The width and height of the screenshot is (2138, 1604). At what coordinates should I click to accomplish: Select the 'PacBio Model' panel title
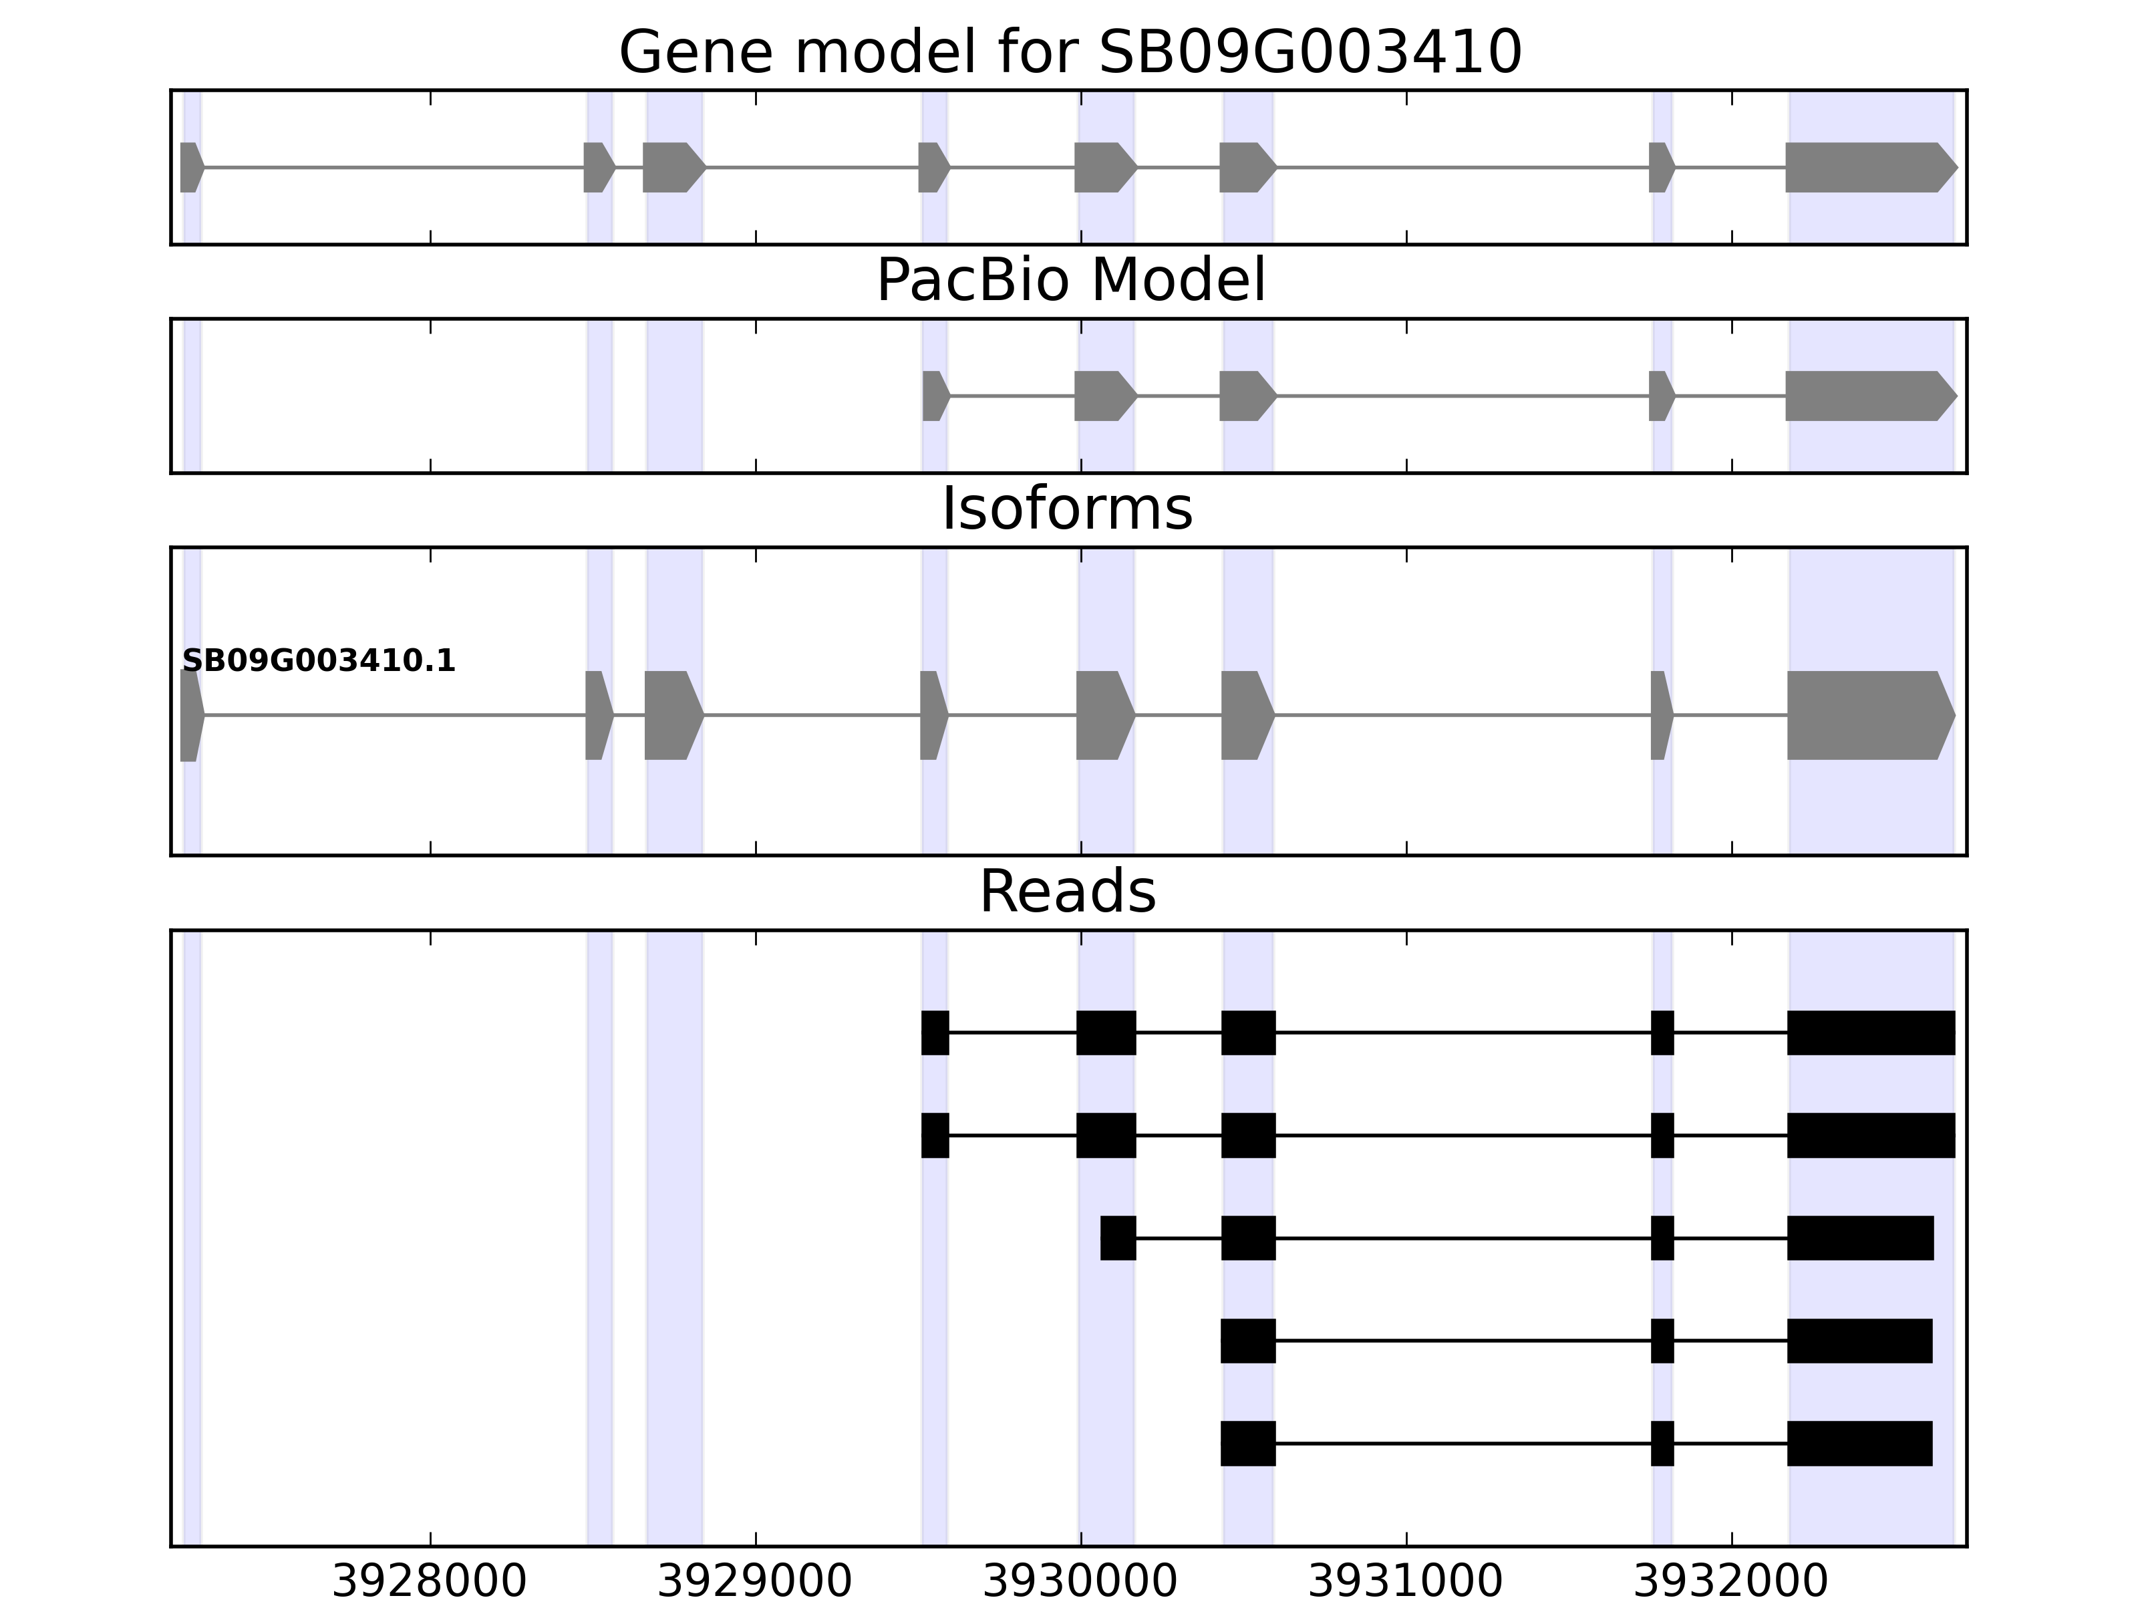1070,281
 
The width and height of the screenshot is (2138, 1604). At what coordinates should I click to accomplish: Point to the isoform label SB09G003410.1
319,662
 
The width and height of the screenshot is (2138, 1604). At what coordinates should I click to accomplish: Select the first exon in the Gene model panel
190,167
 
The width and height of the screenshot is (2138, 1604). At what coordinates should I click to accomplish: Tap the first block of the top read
935,1033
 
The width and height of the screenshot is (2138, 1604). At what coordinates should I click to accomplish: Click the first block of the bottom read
1248,1444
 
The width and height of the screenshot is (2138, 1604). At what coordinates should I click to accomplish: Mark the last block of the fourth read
1859,1341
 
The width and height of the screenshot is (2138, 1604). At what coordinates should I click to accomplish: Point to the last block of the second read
1870,1135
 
